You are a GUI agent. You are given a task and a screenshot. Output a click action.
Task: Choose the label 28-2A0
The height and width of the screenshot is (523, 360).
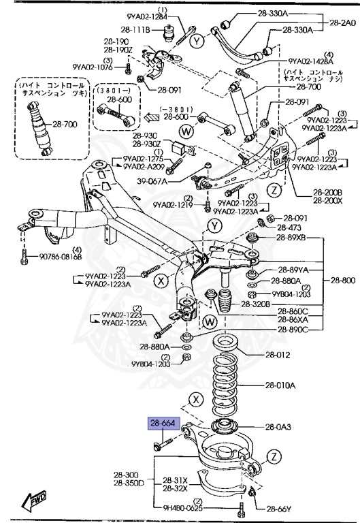point(342,22)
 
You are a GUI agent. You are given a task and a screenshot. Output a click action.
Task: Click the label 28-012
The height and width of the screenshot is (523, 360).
point(279,354)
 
